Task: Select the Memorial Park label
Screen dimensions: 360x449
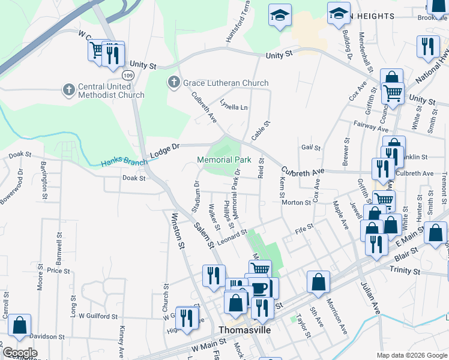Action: (224, 160)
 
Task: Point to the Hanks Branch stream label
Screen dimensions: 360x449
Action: (123, 161)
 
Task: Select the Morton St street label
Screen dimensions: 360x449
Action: (296, 203)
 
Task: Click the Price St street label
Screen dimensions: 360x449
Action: (58, 271)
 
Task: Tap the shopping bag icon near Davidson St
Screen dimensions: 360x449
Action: (20, 325)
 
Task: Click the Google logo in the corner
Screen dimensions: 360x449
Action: (19, 353)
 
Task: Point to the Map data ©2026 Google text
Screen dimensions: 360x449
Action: (411, 355)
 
